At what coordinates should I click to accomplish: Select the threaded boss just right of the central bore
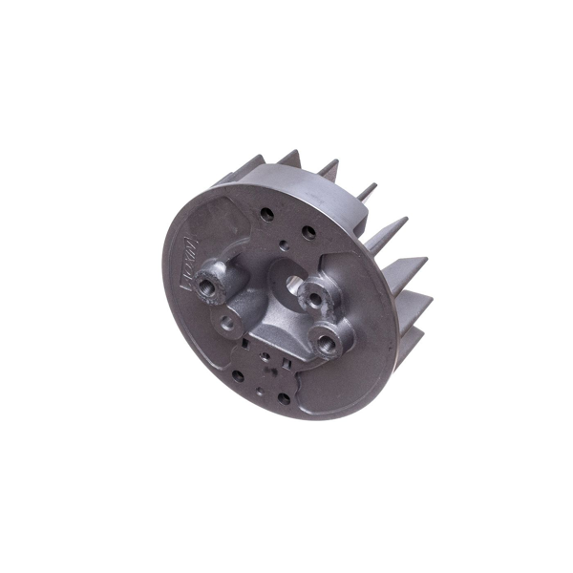313,299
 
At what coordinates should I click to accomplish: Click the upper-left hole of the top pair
266,215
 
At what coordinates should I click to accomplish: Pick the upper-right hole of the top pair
308,232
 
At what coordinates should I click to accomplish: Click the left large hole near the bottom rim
238,375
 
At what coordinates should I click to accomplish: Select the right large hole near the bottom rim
284,397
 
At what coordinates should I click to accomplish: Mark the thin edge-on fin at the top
367,191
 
